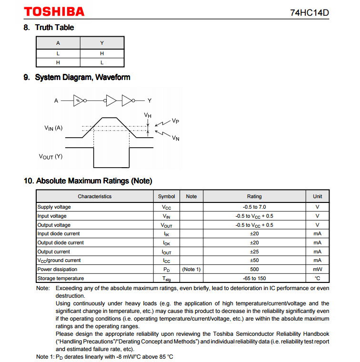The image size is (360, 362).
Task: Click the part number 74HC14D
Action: [310, 12]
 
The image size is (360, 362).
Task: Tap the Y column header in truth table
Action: [102, 43]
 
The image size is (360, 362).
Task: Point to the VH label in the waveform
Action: [148, 115]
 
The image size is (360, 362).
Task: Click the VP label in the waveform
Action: [175, 121]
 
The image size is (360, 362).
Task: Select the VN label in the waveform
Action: [175, 139]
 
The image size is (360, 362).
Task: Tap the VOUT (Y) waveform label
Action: [50, 156]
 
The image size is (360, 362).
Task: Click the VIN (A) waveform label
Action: [53, 128]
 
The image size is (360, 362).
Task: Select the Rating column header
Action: [254, 196]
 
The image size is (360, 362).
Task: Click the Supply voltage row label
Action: [54, 207]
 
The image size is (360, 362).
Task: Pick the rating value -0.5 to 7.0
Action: [254, 207]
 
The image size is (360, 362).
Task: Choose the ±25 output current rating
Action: [254, 251]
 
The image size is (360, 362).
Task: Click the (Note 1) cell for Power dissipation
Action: [191, 270]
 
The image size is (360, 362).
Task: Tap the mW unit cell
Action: [318, 270]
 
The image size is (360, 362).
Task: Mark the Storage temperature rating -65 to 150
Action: [254, 278]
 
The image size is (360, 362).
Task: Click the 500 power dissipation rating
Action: [254, 270]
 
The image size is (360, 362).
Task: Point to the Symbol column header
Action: [167, 196]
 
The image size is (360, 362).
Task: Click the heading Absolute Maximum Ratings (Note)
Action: [88, 181]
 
